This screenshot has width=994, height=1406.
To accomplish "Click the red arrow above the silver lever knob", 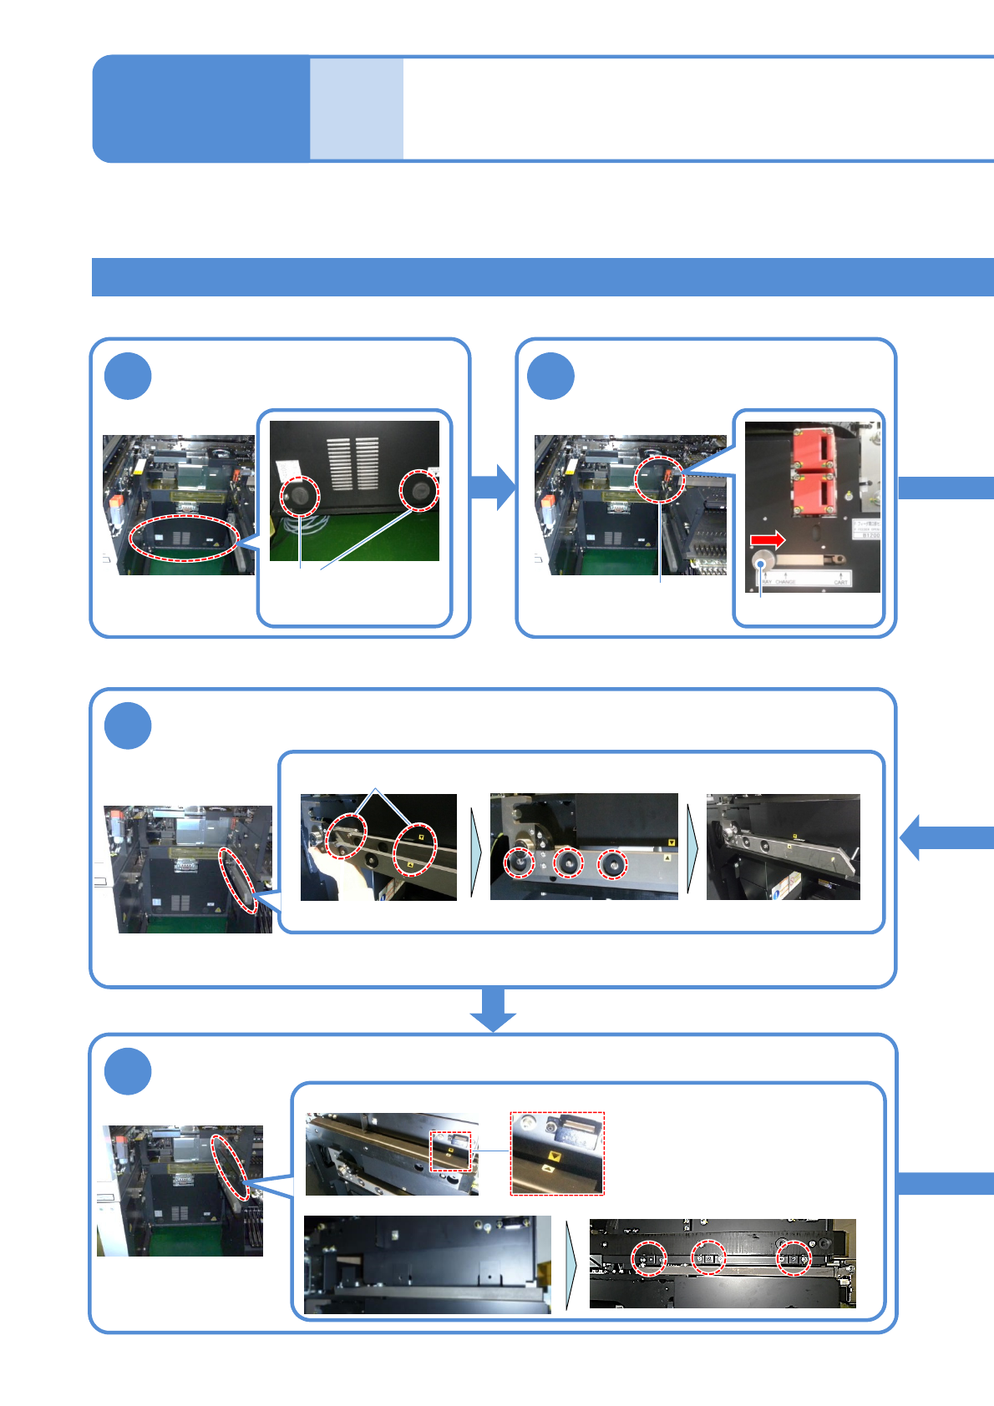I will click(768, 540).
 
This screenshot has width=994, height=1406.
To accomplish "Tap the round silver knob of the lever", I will click(763, 561).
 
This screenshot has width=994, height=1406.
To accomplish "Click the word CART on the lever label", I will click(840, 582).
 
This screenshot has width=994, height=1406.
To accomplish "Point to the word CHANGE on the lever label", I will click(785, 582).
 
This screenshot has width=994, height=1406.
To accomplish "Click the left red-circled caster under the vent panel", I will click(299, 496).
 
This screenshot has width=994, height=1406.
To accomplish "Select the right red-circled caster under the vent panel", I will click(418, 490).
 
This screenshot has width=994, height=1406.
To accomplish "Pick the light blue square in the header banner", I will click(357, 109).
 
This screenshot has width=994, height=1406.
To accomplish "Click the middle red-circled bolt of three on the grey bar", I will click(568, 862).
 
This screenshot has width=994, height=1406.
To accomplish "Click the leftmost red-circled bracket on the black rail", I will click(648, 1257).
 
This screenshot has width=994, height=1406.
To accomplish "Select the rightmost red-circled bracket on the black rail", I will click(794, 1257).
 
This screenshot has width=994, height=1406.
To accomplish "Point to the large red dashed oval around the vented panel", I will click(185, 539).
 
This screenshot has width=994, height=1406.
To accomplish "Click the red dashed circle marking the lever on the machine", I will click(659, 478).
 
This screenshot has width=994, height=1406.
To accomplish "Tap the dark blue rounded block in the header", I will click(200, 109).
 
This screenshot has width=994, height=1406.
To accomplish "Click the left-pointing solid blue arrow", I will click(944, 837).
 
